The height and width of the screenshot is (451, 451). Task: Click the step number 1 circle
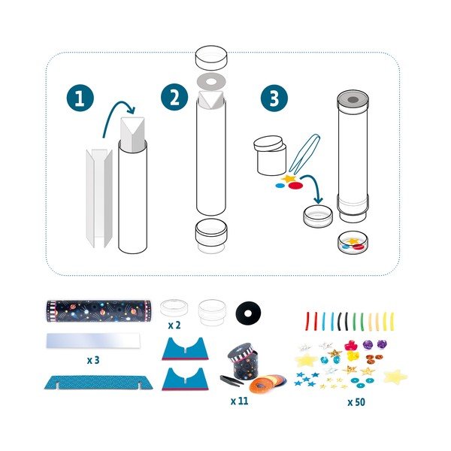click(x=77, y=99)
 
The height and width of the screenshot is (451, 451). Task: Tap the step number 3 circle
click(x=273, y=99)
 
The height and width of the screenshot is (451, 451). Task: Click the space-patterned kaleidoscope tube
click(x=98, y=310)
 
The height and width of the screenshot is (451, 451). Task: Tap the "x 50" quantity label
click(x=357, y=402)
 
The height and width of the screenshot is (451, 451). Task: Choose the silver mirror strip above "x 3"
click(x=98, y=341)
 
